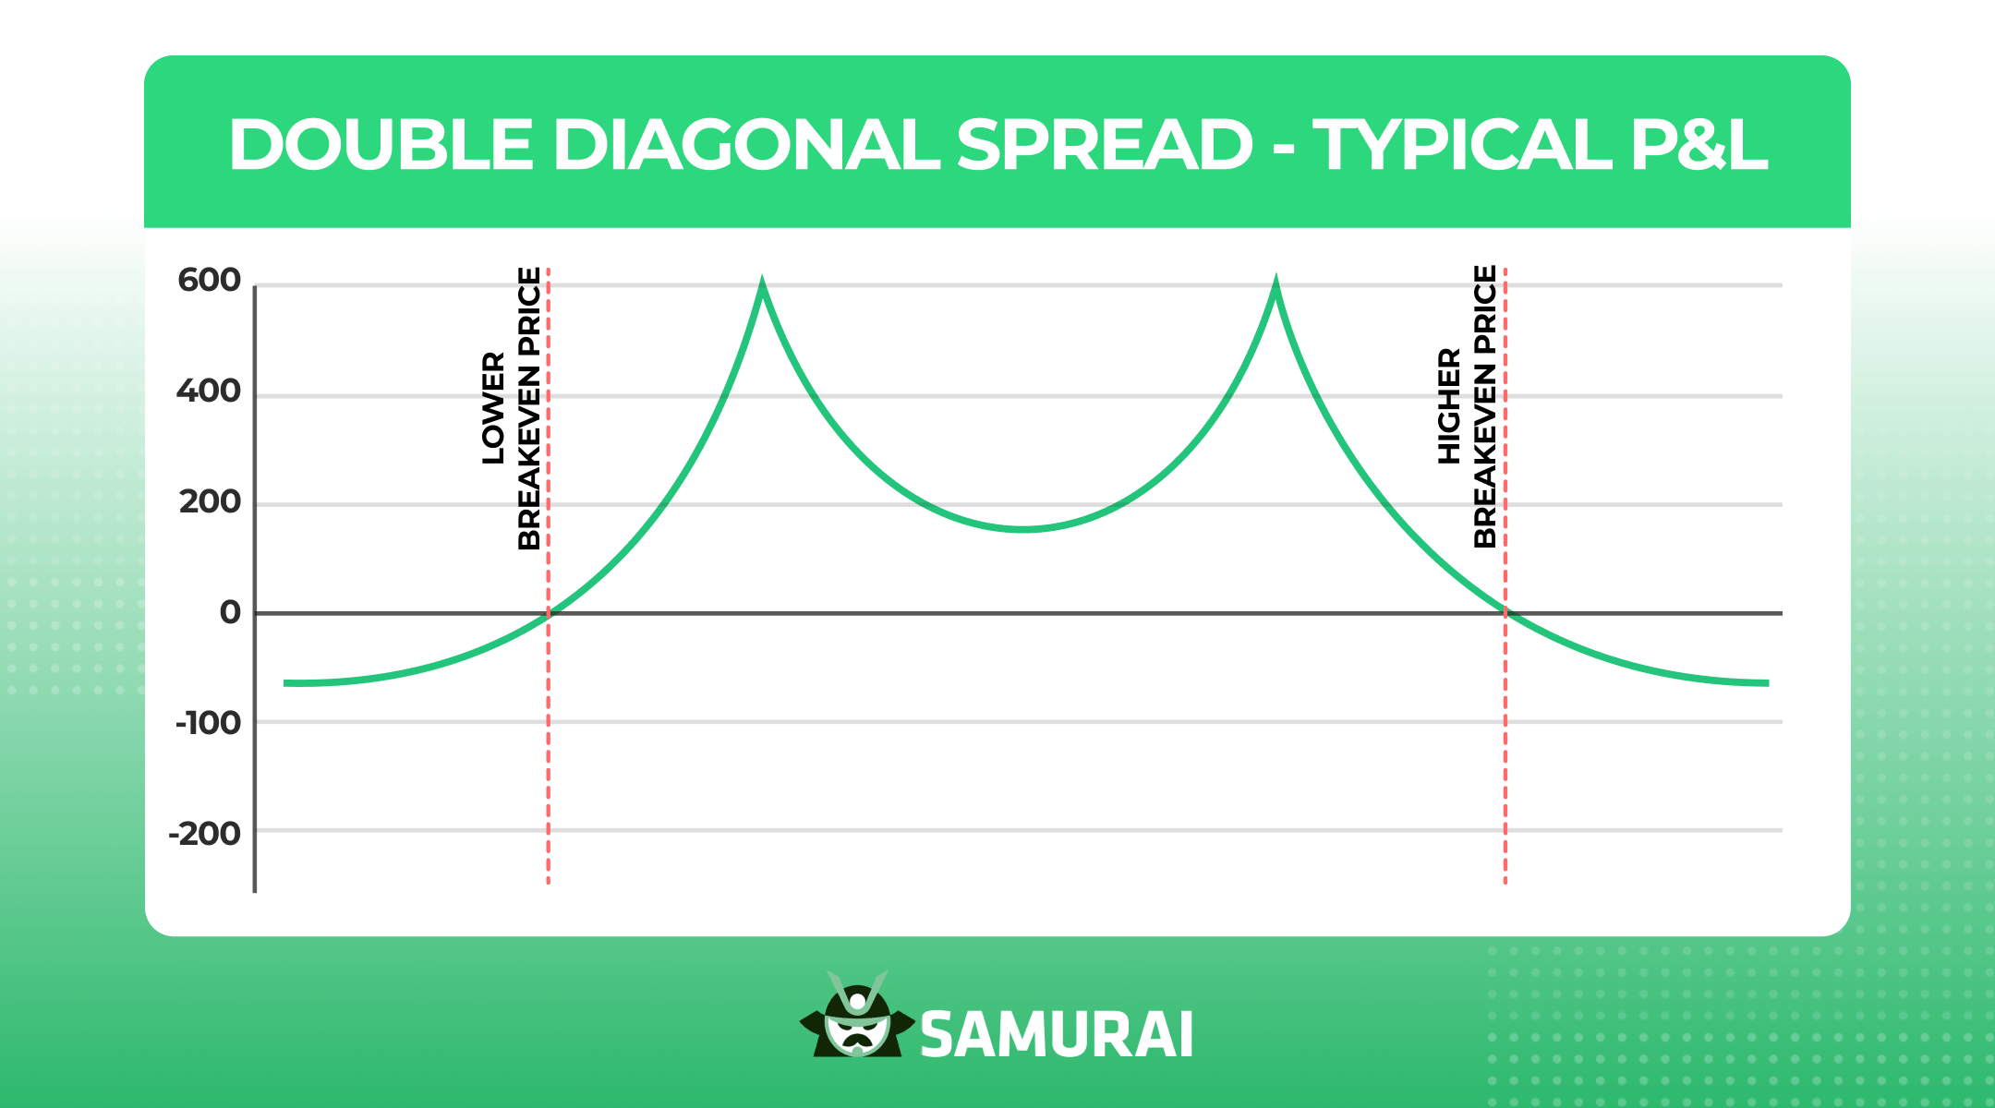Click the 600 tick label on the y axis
point(209,280)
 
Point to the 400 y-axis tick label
point(209,391)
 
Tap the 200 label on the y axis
point(210,502)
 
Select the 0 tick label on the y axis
point(230,612)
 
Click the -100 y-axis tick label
point(208,723)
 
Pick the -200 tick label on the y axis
point(204,834)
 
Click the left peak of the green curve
point(762,283)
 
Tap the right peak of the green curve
point(1276,283)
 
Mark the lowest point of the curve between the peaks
point(1023,529)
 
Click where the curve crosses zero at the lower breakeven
point(549,613)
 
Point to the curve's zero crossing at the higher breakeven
point(1505,613)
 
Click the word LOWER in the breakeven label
point(494,407)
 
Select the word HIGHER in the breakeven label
point(1450,406)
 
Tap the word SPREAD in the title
point(1105,146)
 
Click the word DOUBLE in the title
point(381,146)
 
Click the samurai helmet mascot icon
point(857,1016)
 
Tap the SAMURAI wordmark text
point(1057,1035)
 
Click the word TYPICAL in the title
point(1462,146)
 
